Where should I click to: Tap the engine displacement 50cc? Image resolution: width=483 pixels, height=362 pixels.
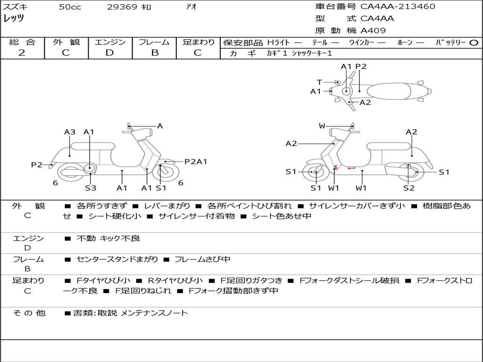coord(69,7)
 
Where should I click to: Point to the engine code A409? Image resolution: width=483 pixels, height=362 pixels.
coord(373,31)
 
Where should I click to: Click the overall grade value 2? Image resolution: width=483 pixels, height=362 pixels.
coord(22,53)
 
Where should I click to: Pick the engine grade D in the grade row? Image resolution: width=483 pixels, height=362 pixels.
coord(110,53)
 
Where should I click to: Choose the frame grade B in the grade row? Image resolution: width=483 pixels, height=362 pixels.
coord(154,53)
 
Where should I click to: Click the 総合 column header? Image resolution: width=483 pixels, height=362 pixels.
coord(22,42)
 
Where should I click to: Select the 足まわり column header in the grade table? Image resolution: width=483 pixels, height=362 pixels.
coord(198,42)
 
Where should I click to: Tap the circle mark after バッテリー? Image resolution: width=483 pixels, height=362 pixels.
coord(474,43)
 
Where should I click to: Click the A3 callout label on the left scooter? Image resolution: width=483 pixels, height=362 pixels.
coord(70,132)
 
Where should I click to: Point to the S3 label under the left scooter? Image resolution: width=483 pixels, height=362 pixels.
coord(91,188)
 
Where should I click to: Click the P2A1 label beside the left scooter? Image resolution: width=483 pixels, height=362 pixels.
coord(196,162)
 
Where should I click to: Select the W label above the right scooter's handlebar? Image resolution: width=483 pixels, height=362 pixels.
coord(322,126)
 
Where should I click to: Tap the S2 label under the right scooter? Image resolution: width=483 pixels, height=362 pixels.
coord(409,188)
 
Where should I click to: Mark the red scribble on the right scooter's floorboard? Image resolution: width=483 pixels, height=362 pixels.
coord(343,167)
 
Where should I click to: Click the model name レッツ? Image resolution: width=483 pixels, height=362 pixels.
coord(14,19)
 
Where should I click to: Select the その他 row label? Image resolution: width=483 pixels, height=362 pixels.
coord(29,313)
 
